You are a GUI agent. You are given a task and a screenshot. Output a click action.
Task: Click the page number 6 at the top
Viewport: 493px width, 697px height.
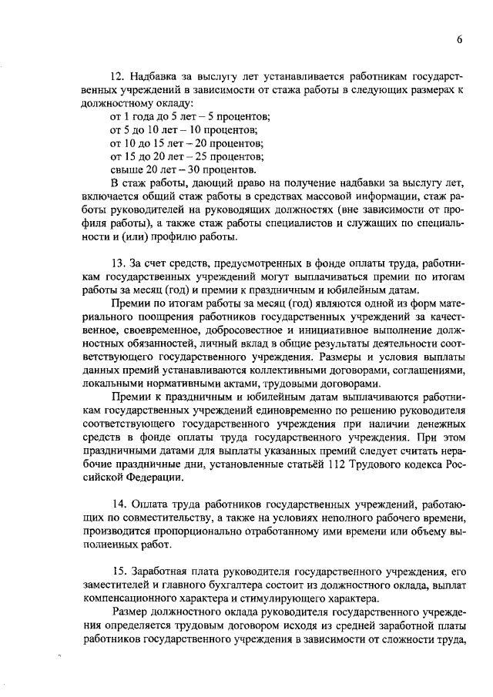point(458,41)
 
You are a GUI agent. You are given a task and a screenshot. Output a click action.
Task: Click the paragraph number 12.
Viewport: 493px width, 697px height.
point(117,76)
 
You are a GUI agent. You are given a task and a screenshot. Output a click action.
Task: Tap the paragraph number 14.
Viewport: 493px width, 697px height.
point(117,504)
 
